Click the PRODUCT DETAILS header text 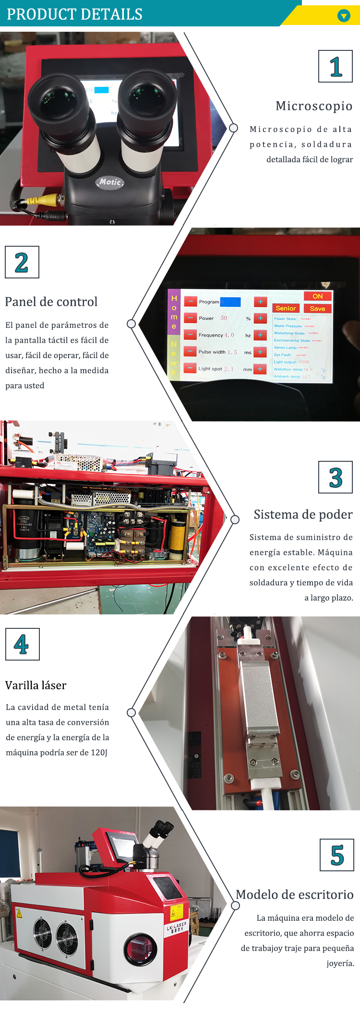click(74, 14)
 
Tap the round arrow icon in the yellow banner click(344, 16)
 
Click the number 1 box click(336, 66)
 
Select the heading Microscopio click(314, 106)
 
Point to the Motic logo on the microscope click(110, 182)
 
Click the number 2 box click(22, 262)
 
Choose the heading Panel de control click(51, 302)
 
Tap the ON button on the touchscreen click(318, 296)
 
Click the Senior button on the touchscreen click(286, 308)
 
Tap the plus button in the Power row click(260, 318)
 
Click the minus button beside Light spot click(190, 369)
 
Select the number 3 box click(336, 477)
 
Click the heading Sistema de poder click(303, 515)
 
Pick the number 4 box click(22, 644)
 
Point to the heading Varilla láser click(36, 686)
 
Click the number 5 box click(337, 855)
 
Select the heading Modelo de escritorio click(295, 895)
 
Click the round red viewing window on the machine click(140, 949)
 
